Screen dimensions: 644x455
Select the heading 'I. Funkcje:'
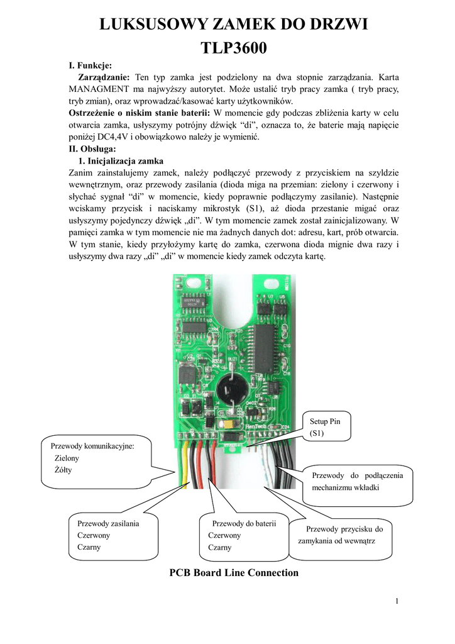point(90,65)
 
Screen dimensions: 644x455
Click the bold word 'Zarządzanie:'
point(103,77)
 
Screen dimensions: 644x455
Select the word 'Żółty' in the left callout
point(63,470)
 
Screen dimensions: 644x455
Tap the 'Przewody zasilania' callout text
point(107,523)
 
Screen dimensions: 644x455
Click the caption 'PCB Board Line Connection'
point(234,572)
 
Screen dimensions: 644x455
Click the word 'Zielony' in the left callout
point(67,458)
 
